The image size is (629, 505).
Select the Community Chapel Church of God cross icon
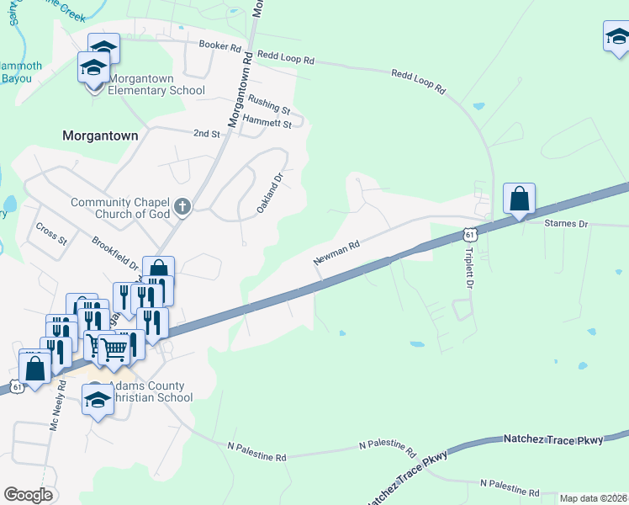[182, 206]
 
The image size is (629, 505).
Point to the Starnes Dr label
[566, 224]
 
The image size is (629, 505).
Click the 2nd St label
[206, 133]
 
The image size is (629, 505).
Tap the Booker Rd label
[219, 45]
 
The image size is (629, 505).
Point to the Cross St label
[51, 233]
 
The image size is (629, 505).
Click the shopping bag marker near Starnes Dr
[520, 199]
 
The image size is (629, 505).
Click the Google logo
[28, 495]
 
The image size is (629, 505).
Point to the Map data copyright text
[593, 498]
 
